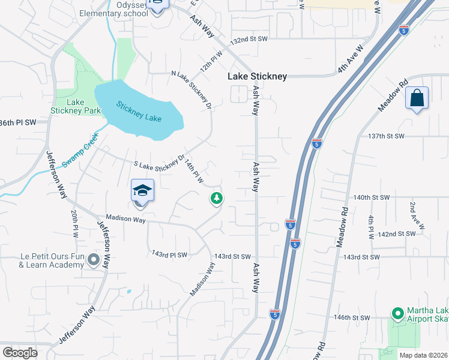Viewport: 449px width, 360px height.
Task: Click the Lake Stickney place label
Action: [x=257, y=76]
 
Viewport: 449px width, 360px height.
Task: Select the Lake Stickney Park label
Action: [x=84, y=106]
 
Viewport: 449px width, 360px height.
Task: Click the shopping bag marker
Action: [x=417, y=98]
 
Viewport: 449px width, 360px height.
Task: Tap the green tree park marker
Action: [x=217, y=198]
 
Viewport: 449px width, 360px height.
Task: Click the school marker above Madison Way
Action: [x=143, y=191]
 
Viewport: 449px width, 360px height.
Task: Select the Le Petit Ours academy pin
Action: [x=93, y=260]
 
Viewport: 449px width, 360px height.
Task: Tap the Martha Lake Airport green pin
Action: [x=397, y=313]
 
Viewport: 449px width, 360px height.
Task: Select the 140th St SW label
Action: [x=372, y=197]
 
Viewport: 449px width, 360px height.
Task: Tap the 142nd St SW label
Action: [x=397, y=234]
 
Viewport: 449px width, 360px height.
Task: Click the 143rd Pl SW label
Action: [x=169, y=254]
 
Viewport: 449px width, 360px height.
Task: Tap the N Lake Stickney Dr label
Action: [x=192, y=89]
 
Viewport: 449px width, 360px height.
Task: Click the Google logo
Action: [x=20, y=353]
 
